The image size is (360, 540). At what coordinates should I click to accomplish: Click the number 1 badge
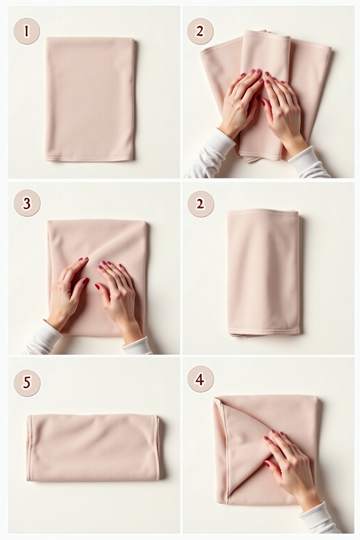(x=27, y=31)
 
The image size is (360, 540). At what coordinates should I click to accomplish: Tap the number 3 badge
(x=27, y=203)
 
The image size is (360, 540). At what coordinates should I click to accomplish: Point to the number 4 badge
(x=200, y=380)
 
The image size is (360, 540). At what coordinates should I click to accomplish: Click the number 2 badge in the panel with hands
(x=200, y=31)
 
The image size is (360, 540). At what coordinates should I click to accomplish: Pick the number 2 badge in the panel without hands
(x=200, y=203)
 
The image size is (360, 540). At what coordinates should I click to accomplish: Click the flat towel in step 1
(x=90, y=98)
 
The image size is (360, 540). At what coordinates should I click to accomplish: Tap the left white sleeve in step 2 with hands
(x=207, y=155)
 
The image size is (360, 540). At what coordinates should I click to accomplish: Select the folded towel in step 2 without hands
(x=263, y=272)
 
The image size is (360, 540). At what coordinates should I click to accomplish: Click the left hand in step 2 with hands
(x=239, y=102)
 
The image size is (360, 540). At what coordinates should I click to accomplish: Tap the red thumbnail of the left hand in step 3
(x=85, y=281)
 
